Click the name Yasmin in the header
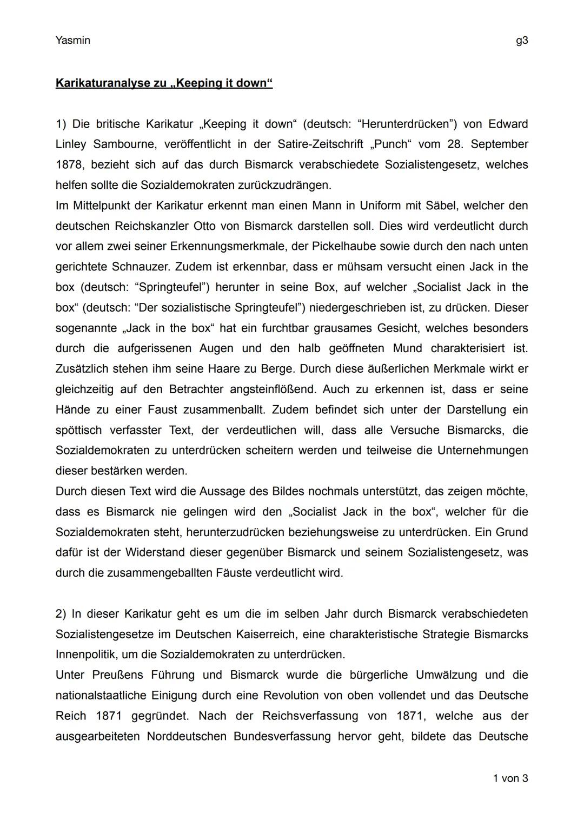click(72, 41)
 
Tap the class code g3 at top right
click(522, 41)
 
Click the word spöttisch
click(79, 430)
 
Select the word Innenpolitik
click(87, 655)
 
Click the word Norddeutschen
click(186, 736)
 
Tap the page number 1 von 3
click(510, 778)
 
